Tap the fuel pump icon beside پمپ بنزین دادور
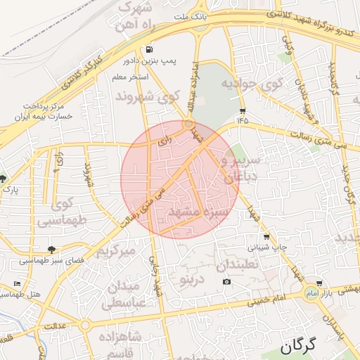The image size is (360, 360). [149, 50]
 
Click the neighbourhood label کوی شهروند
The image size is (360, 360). [147, 96]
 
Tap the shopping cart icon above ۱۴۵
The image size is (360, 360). [243, 110]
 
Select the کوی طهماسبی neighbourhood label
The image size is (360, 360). [56, 212]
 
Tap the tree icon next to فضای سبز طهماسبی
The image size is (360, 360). [51, 249]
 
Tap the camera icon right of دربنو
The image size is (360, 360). [226, 282]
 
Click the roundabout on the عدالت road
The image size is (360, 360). [85, 325]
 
